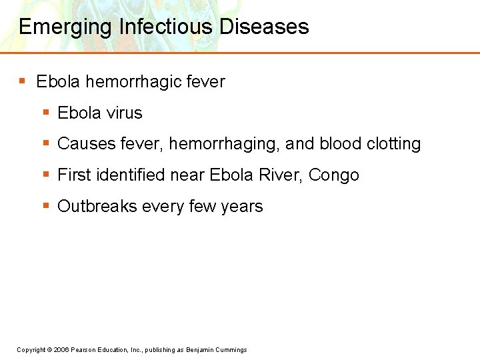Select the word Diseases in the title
[264, 27]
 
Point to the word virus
[123, 113]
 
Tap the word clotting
[393, 144]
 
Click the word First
[75, 175]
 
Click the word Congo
[334, 175]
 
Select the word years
[242, 207]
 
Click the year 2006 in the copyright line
[61, 350]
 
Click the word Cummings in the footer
[231, 350]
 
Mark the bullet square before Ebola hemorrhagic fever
[22, 81]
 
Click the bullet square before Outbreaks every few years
[45, 206]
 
